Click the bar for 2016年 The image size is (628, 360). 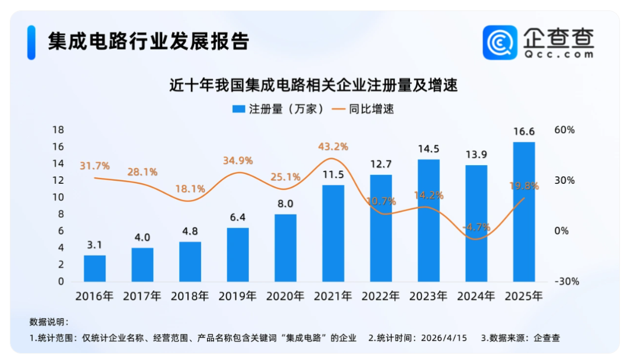coord(95,268)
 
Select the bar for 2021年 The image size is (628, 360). coord(333,233)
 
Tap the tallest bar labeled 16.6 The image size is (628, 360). coord(524,212)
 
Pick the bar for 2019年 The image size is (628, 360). coord(238,255)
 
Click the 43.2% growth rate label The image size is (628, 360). coord(333,147)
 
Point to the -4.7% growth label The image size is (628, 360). coord(475,227)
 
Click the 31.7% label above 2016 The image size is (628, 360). coord(95,166)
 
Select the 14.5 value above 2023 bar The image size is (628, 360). coord(428,149)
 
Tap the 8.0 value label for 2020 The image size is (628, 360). coord(285,204)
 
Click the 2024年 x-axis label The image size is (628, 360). coord(476,296)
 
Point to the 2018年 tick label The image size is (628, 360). coord(190,296)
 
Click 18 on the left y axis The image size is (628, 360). coord(58,130)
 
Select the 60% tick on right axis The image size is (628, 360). coord(564,130)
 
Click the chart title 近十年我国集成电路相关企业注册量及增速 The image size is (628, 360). coord(314,86)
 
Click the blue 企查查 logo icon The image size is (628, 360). coord(499,42)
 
